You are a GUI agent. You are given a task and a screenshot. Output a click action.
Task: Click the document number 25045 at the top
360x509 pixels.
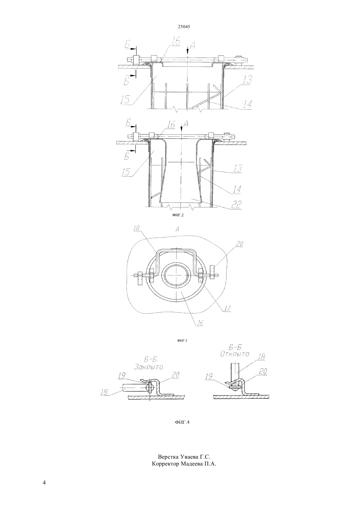[x=184, y=26]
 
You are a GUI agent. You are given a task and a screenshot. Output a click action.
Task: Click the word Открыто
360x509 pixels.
[x=235, y=354]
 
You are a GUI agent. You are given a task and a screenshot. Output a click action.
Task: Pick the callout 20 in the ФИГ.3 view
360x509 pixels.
[x=239, y=244]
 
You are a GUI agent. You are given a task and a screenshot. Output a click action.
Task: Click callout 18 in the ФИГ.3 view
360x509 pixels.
[x=136, y=228]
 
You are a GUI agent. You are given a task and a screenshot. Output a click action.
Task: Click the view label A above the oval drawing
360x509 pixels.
[x=177, y=230]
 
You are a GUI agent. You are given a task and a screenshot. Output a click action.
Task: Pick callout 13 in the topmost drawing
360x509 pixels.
[x=247, y=80]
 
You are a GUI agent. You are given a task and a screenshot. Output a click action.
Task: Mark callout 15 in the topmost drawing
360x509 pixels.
[x=124, y=99]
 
